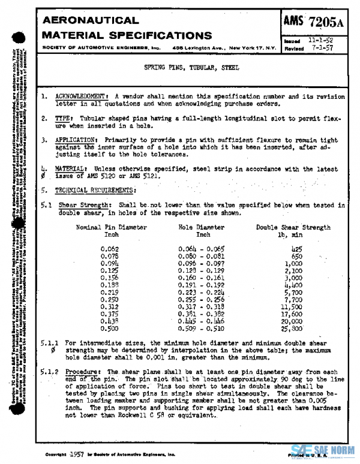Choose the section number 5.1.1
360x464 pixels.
click(49, 342)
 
